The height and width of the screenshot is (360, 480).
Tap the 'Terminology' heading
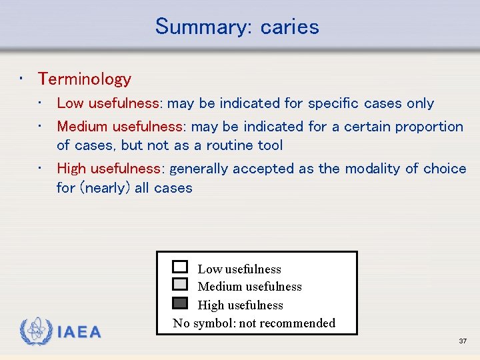(x=85, y=79)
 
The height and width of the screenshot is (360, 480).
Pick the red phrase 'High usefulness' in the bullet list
(x=109, y=169)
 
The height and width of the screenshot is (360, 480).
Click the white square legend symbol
(x=180, y=267)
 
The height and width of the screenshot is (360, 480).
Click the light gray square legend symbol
(x=180, y=284)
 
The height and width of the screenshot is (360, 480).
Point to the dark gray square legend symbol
(x=180, y=303)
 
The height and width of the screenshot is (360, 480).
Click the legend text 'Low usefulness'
(x=239, y=269)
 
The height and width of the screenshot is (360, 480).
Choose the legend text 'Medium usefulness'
(x=249, y=287)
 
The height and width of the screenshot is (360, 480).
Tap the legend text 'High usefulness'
(x=240, y=305)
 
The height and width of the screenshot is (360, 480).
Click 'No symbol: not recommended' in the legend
(x=254, y=323)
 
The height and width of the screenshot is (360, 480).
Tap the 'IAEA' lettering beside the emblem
(x=79, y=333)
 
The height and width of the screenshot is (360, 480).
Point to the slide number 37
(x=463, y=341)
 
